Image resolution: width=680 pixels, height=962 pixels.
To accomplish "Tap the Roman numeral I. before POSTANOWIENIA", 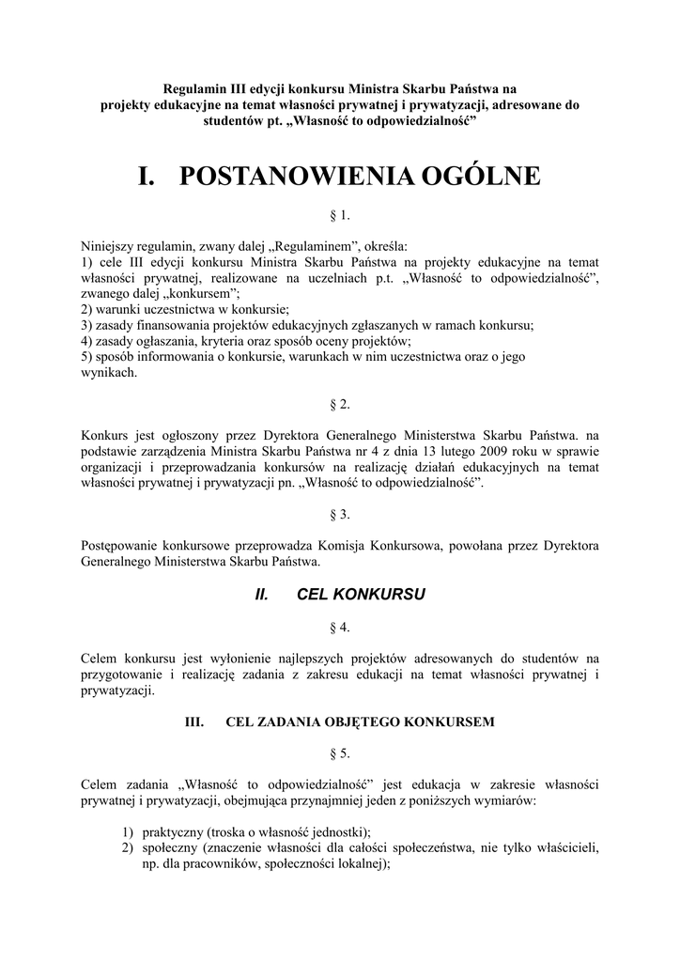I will (x=147, y=177).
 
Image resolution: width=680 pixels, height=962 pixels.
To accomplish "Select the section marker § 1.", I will (x=340, y=216).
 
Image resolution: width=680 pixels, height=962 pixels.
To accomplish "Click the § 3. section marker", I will (x=340, y=514).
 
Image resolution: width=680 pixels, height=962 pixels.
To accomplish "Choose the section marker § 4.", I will (x=340, y=627).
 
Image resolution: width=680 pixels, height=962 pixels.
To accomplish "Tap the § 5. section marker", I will (x=340, y=753).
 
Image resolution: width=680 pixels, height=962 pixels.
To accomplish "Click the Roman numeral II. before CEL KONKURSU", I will (x=263, y=595).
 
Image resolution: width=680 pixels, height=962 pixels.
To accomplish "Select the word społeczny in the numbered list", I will (x=172, y=848).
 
